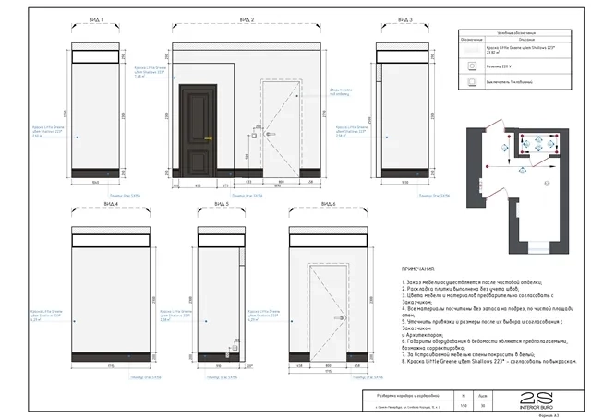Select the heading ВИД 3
click(404, 18)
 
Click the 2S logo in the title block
click(532, 399)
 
